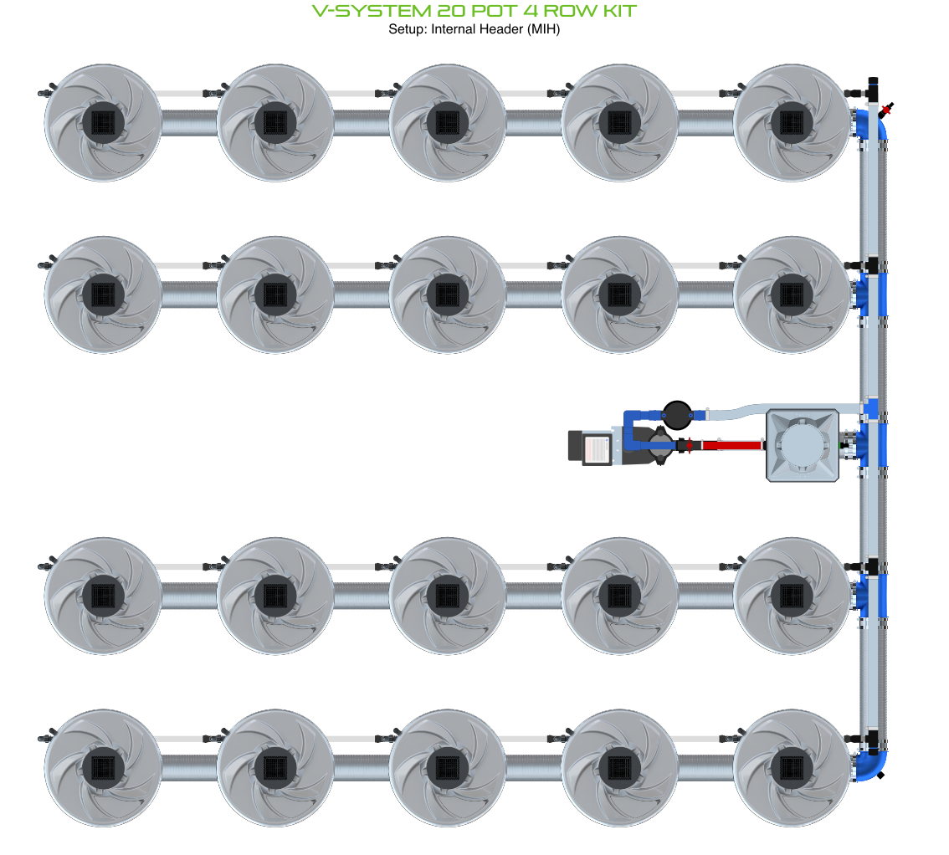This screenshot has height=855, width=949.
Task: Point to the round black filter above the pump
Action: tap(676, 412)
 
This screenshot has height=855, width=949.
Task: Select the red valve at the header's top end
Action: tap(886, 107)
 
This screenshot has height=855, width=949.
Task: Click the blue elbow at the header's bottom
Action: tap(873, 762)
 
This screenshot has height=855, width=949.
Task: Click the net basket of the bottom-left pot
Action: tap(103, 768)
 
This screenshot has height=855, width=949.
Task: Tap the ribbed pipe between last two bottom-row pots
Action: tap(705, 768)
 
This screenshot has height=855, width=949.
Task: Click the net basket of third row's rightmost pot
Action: tap(792, 596)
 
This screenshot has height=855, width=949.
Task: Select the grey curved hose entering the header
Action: tap(753, 410)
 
